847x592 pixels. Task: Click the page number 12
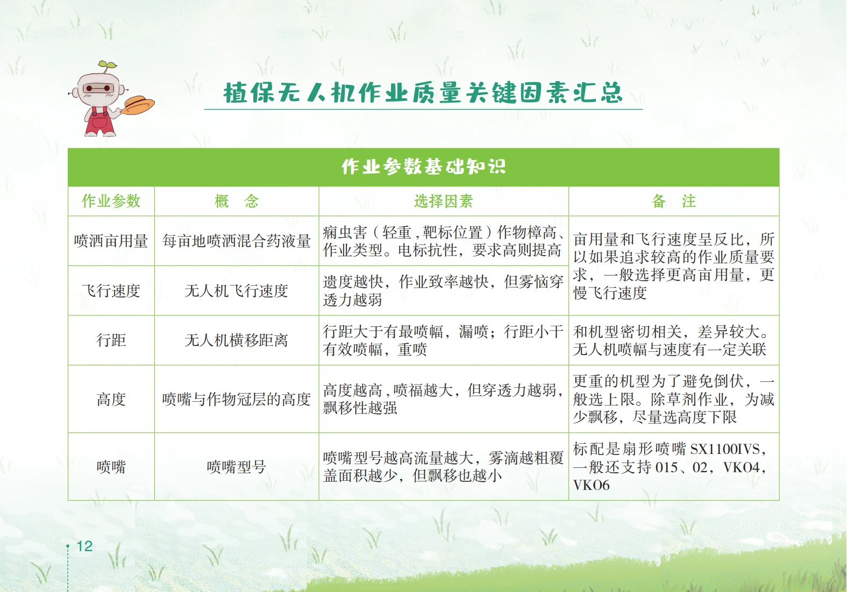84,546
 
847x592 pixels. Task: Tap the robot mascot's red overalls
99,121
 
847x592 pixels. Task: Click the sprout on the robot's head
108,67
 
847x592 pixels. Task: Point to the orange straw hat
139,105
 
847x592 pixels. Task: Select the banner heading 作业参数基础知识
424,167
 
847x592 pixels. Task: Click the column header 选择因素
443,201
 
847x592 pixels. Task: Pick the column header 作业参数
111,201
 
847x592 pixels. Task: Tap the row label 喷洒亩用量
111,241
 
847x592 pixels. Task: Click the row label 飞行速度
111,291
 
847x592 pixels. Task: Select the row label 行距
111,340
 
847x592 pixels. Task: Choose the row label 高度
111,399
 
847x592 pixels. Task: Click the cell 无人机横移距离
236,340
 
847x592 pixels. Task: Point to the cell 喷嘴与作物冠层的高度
236,399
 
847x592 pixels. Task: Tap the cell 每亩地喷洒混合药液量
236,241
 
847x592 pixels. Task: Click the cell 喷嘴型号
236,467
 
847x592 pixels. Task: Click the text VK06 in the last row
591,485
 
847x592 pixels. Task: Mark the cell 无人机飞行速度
236,291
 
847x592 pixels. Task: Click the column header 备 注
674,201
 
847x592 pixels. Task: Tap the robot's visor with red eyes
98,89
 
